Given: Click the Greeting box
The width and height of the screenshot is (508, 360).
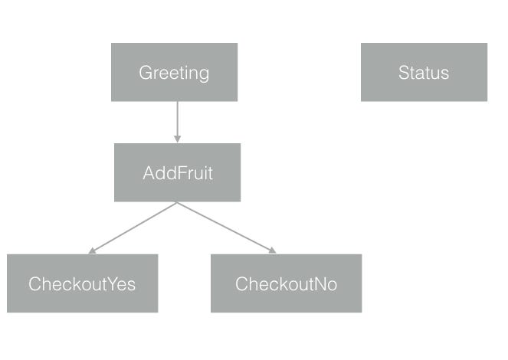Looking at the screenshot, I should [174, 72].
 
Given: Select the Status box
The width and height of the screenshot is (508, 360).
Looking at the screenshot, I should [424, 72].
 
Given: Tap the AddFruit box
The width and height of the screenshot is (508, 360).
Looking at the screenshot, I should [177, 172].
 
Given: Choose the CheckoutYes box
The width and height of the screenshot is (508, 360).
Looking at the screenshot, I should [82, 283].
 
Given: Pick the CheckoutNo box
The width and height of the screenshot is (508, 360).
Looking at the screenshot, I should [286, 283].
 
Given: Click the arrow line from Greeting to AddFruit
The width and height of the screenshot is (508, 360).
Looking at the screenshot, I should [177, 119].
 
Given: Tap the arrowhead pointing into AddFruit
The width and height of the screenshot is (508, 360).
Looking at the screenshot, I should [177, 139].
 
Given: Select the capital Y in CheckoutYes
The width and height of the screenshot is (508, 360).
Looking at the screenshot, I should [102, 284].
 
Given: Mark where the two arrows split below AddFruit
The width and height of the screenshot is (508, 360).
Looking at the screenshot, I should [177, 203].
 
